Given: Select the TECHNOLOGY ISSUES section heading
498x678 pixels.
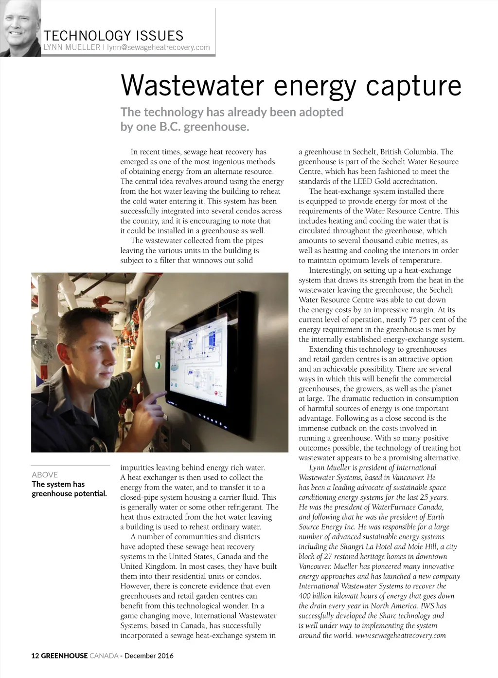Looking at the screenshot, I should (x=113, y=36).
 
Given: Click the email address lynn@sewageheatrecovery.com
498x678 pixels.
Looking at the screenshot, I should (x=159, y=47).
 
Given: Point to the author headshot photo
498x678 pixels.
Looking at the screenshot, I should (x=20, y=28).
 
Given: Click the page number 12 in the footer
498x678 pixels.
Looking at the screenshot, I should (x=35, y=656).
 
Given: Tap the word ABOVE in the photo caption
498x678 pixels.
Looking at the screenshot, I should (x=45, y=474).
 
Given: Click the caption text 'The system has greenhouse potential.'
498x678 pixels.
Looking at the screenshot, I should (x=69, y=489).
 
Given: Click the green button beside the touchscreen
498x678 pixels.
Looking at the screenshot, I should (x=157, y=365).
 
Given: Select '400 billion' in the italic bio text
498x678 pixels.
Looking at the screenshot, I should (x=319, y=596).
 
